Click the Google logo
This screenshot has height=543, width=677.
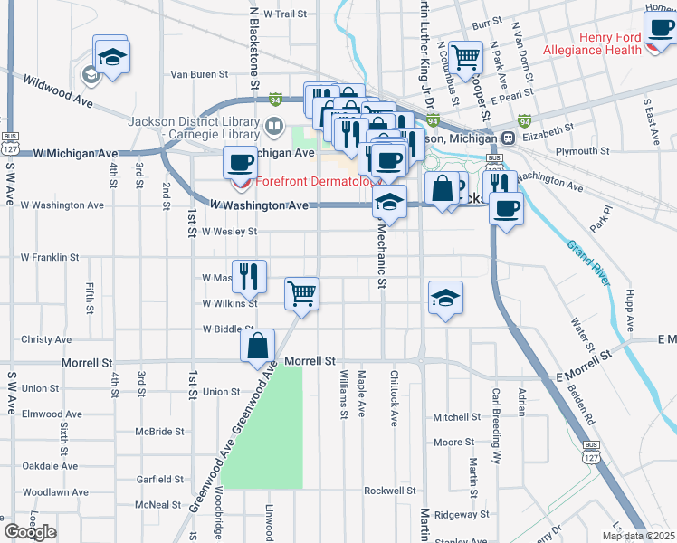tap(30, 532)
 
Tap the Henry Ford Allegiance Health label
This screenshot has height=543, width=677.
tap(597, 43)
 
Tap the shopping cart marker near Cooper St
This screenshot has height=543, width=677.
tap(465, 57)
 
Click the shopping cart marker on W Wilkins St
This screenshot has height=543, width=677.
tap(300, 292)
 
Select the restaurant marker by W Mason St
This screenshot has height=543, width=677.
tap(248, 276)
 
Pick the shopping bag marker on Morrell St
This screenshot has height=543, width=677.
tap(257, 345)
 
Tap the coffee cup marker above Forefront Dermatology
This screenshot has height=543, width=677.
tap(240, 163)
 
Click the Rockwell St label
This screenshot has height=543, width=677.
tap(389, 491)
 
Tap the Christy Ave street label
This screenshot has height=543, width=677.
tap(46, 339)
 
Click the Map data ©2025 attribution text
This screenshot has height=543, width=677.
tap(639, 536)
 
